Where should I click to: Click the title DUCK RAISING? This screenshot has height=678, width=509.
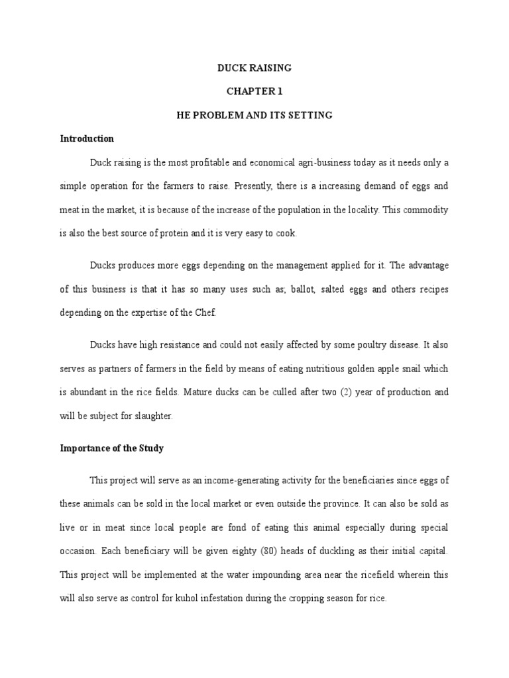click(x=254, y=68)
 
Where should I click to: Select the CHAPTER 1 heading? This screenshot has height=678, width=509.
click(x=254, y=92)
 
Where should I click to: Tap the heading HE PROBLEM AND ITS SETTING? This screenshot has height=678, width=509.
click(x=254, y=115)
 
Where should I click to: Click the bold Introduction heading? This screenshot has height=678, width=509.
click(x=87, y=139)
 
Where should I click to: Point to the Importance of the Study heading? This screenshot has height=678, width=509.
click(x=111, y=448)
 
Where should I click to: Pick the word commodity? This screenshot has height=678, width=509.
click(x=424, y=210)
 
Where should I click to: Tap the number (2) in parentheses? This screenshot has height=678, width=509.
click(x=345, y=392)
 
